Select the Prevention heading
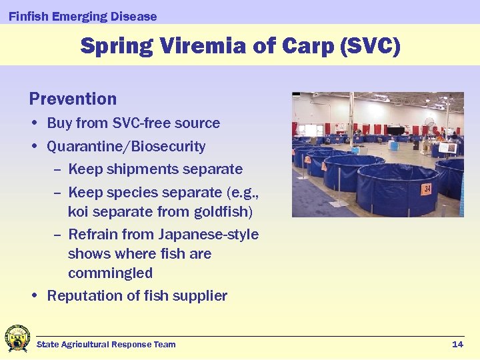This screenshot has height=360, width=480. point(73,99)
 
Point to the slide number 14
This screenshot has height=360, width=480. point(457,344)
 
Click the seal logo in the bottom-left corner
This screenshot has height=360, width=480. point(17,338)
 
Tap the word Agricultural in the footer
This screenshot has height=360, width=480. point(85,344)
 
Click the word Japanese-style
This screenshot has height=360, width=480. point(209,235)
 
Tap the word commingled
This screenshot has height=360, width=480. point(110,273)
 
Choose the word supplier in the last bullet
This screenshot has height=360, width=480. point(200,296)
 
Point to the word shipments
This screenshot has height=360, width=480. point(143,169)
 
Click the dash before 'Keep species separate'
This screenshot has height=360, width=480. point(57,193)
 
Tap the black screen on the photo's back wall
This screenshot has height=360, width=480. point(396,131)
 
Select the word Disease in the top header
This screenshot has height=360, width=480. point(134,17)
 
